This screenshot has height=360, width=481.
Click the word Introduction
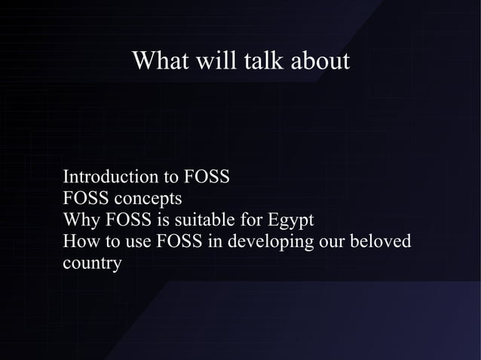click(111, 178)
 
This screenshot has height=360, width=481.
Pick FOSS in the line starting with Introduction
click(206, 178)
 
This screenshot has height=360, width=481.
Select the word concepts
click(147, 200)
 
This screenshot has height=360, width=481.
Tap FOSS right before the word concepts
click(86, 200)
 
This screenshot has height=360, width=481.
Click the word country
click(92, 265)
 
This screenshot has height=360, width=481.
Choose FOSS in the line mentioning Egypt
click(128, 221)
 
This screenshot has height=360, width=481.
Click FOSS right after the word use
click(179, 243)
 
